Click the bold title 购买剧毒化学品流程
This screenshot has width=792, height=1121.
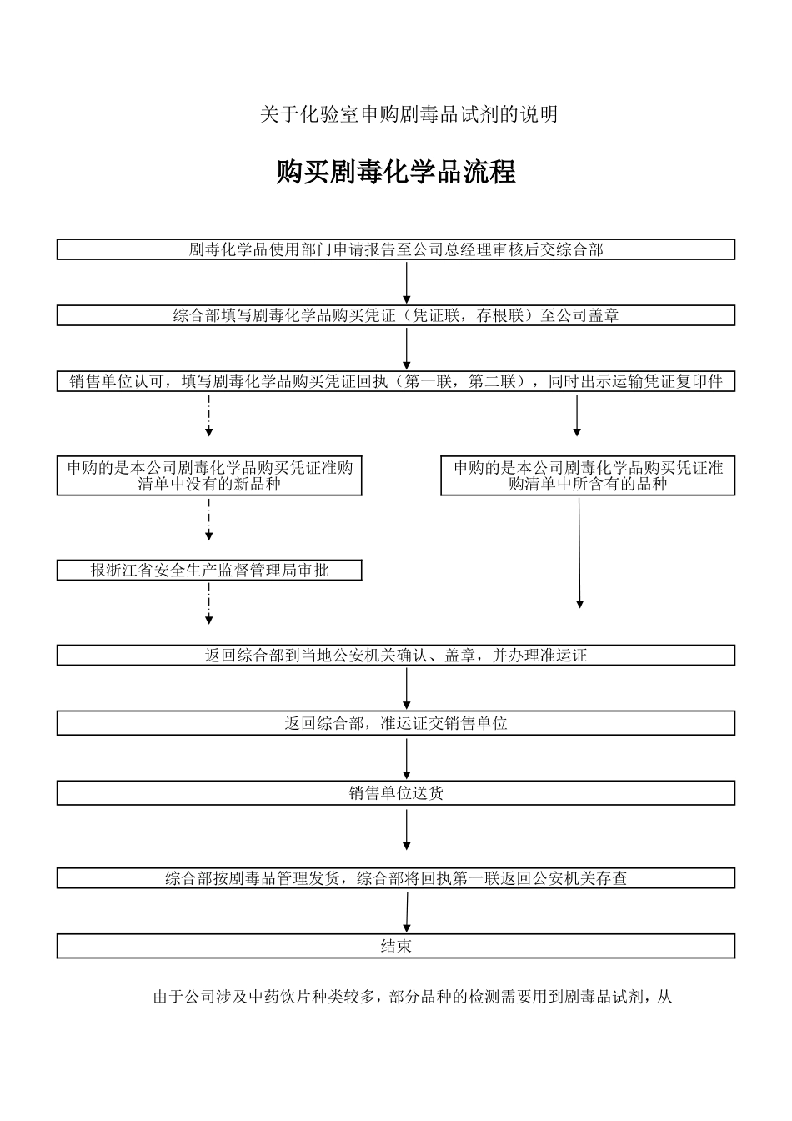(396, 172)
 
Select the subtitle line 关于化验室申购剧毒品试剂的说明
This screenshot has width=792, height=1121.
(409, 115)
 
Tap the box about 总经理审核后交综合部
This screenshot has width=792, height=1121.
(396, 249)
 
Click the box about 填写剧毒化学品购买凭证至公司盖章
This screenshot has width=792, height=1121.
(396, 315)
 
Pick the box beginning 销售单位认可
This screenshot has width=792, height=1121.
(396, 382)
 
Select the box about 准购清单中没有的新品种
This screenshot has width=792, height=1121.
(209, 475)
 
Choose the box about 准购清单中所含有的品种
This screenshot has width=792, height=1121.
(588, 475)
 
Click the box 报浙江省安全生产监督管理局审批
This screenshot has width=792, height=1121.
(209, 571)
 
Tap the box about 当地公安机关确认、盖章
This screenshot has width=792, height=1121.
(396, 656)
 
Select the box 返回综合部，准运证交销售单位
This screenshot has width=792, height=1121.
(396, 723)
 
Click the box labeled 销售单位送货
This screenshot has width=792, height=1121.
(396, 793)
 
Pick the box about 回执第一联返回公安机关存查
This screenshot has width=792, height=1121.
(396, 878)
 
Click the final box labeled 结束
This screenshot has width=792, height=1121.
(396, 946)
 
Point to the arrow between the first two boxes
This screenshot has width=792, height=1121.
(407, 283)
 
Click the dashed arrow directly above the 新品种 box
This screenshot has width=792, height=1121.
(209, 415)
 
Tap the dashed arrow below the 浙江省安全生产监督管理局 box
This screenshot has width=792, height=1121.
(209, 603)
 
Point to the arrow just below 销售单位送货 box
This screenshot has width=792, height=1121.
(407, 830)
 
